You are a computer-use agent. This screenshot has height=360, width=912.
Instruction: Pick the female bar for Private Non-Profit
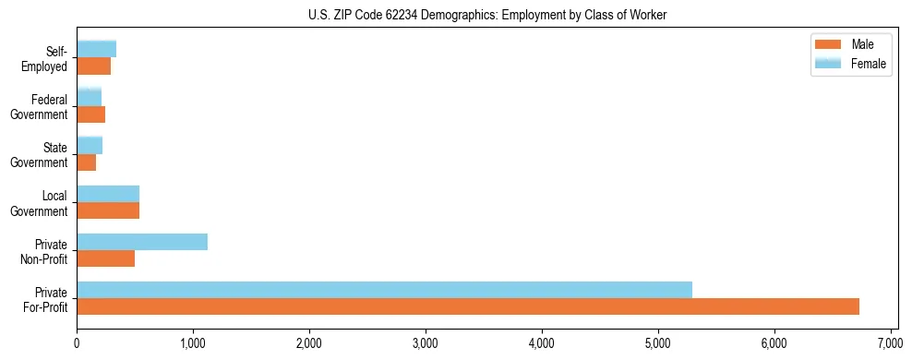[x=142, y=242]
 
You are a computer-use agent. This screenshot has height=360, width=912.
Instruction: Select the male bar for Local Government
[x=108, y=210]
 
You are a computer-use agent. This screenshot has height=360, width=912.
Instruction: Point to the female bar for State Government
[x=90, y=146]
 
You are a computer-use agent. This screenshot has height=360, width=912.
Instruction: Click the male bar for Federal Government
[x=91, y=114]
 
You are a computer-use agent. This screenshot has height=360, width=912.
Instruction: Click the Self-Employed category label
[x=45, y=58]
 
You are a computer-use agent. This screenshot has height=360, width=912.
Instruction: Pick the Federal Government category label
[x=40, y=106]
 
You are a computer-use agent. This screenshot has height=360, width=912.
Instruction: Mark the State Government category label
[x=40, y=154]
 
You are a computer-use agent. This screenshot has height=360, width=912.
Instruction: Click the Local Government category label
[x=40, y=202]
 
